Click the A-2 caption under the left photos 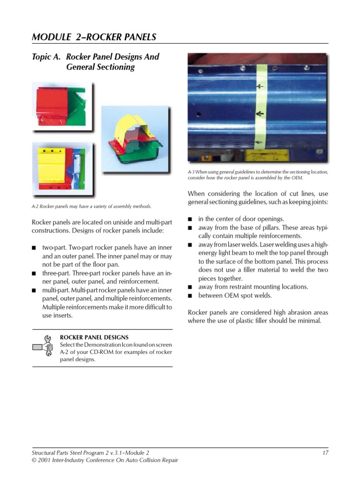coord(92,206)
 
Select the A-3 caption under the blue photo coord(258,175)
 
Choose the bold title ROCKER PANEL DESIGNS coord(94,337)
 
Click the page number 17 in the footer coord(325,452)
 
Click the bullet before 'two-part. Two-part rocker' coord(35,247)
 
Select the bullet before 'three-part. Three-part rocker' coord(35,273)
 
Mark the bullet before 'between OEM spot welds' coord(190,296)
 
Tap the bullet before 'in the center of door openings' coord(190,219)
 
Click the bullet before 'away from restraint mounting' coord(190,287)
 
